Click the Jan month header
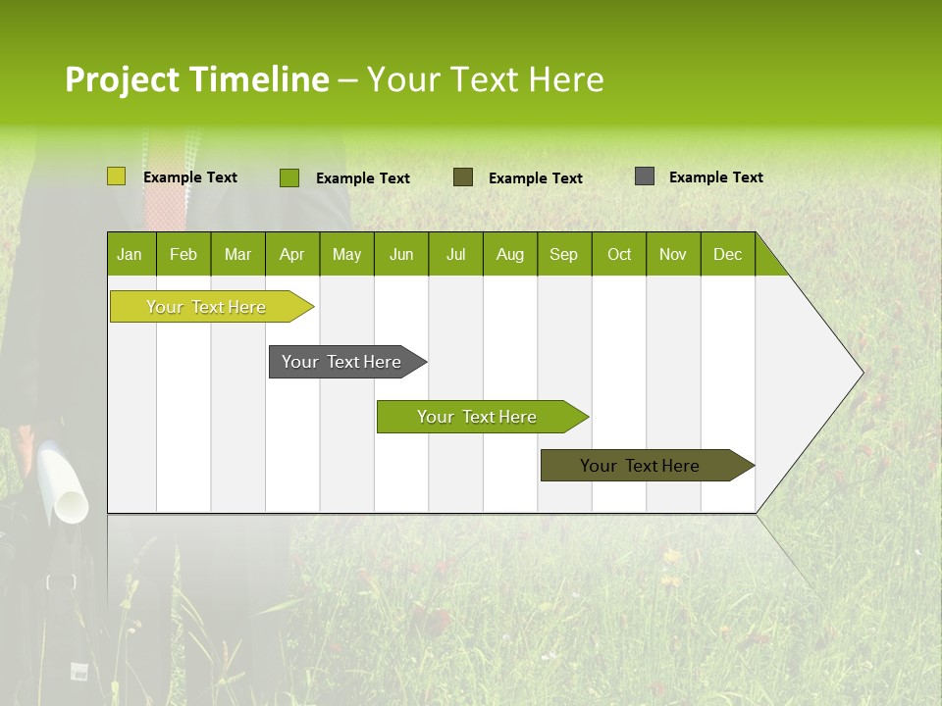pyautogui.click(x=131, y=254)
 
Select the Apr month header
pyautogui.click(x=291, y=254)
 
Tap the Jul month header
pyautogui.click(x=455, y=254)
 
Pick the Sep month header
pyautogui.click(x=563, y=254)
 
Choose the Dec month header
pyautogui.click(x=727, y=254)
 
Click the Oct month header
pyautogui.click(x=618, y=254)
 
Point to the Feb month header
pyautogui.click(x=183, y=254)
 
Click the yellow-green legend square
pyautogui.click(x=117, y=176)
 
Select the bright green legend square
pyautogui.click(x=289, y=177)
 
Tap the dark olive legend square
pyautogui.click(x=463, y=177)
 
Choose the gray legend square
pyautogui.click(x=645, y=176)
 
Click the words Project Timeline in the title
pyautogui.click(x=196, y=79)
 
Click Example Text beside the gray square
pyautogui.click(x=715, y=177)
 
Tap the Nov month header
pyautogui.click(x=672, y=254)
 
